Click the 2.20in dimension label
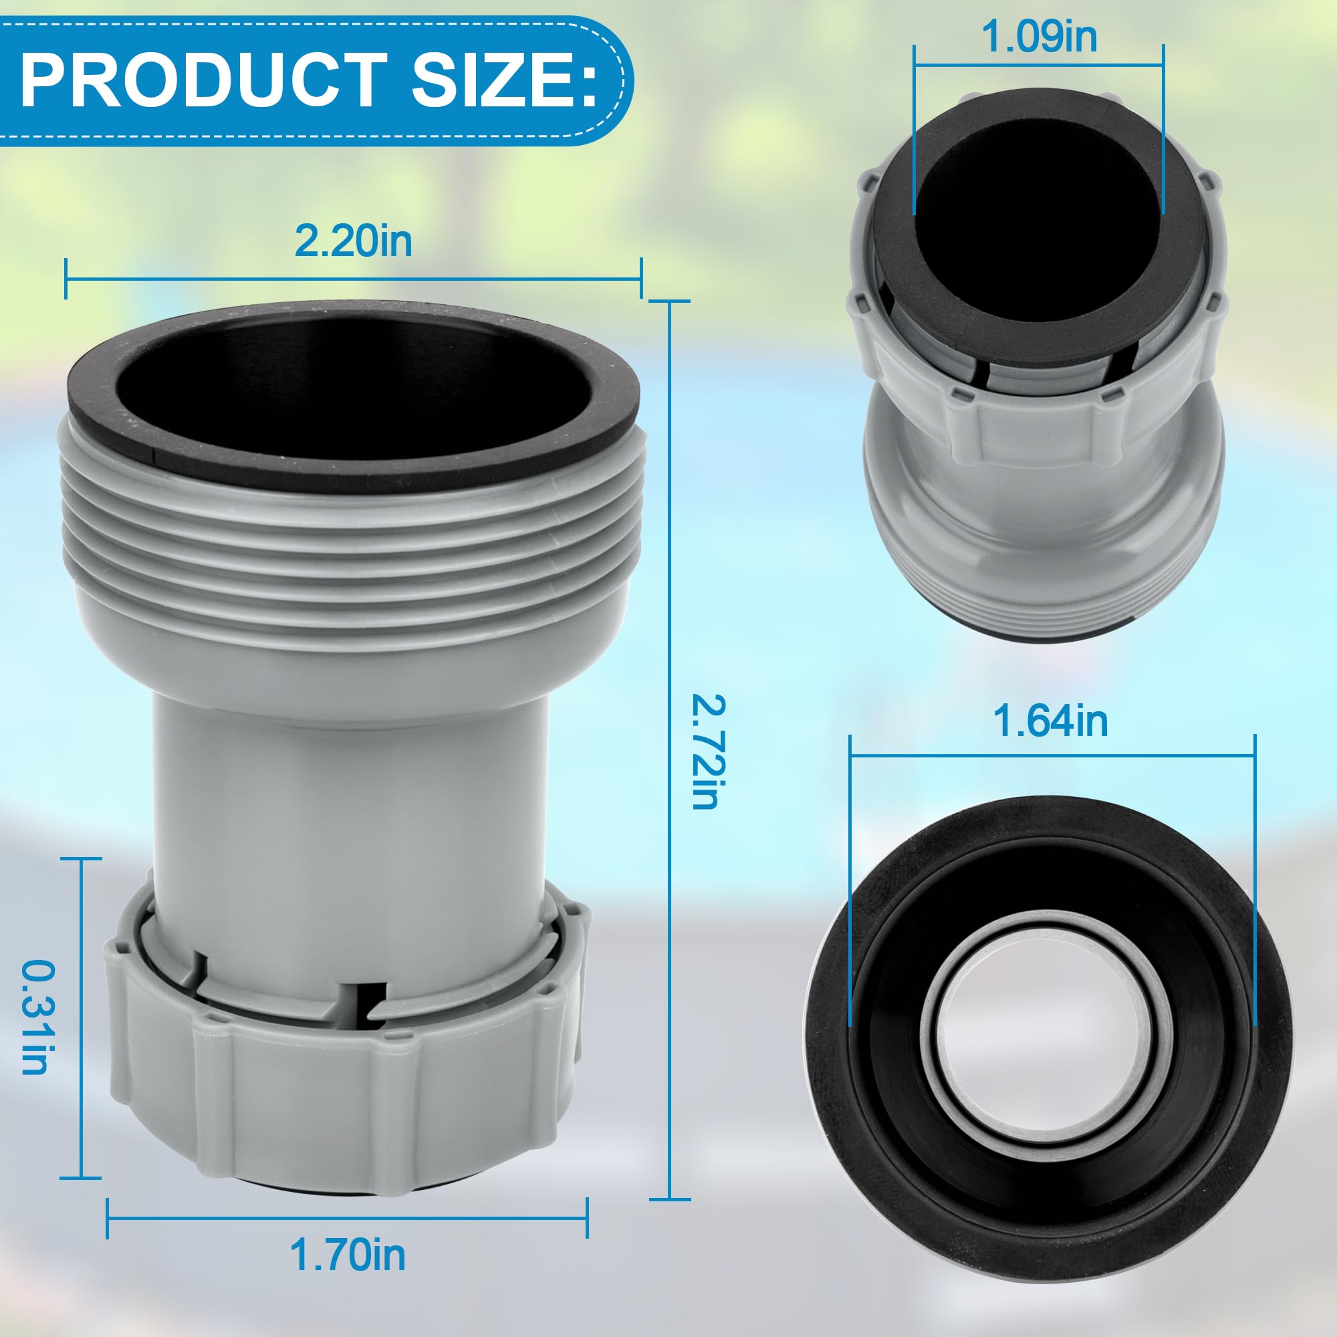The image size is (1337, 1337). point(353,241)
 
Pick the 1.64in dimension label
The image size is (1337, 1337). point(1050,721)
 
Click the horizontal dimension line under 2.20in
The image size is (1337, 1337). point(353,279)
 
